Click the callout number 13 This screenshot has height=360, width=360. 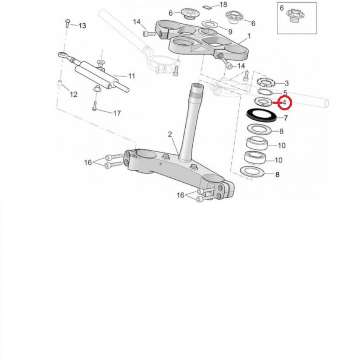pos(82,25)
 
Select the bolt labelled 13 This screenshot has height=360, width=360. pos(67,23)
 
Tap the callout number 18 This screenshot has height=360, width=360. pos(223,5)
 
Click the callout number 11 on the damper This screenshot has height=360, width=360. pos(131,76)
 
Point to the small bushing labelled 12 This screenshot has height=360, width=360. pos(59,83)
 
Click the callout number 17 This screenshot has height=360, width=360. pos(117,113)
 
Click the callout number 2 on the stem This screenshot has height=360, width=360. pos(170,134)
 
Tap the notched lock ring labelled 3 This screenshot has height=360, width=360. pos(265,81)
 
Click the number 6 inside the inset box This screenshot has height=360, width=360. pos(282,7)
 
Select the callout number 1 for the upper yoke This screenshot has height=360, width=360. pos(249,37)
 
